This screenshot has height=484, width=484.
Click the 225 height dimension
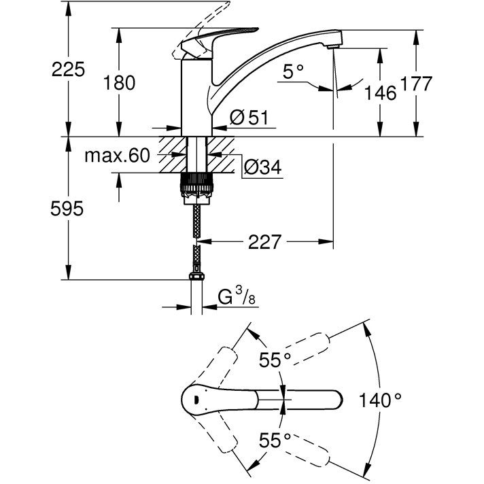69,68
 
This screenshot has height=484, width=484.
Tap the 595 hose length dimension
68,209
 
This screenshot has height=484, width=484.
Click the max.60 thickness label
116,156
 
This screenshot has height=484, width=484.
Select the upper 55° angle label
275,360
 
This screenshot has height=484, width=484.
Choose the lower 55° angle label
275,440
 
